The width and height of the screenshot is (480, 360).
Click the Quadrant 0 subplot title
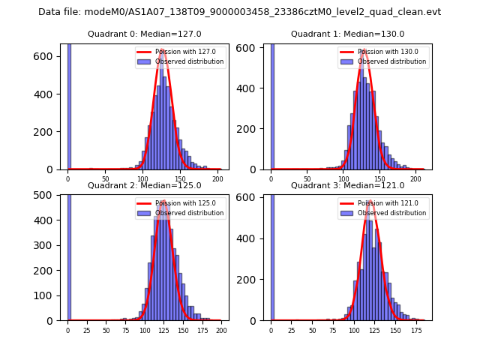click(145, 34)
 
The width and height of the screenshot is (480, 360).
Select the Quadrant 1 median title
click(348, 34)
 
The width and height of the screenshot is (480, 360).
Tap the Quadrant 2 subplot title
click(145, 185)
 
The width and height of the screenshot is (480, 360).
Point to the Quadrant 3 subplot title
click(348, 185)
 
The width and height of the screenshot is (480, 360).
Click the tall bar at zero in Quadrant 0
click(69, 105)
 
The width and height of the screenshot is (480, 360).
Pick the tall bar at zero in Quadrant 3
click(272, 255)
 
